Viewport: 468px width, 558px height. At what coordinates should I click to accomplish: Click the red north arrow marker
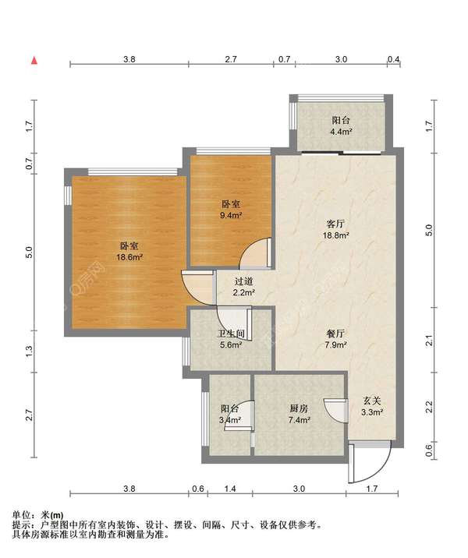[x=34, y=61]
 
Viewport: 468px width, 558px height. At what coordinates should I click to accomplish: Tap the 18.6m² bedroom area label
[x=129, y=251]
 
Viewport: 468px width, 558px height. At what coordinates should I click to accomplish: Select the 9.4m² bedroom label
[x=231, y=210]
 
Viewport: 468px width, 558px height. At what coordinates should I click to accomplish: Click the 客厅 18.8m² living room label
[x=335, y=230]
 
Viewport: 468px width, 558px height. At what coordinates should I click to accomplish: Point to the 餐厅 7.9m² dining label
[x=335, y=339]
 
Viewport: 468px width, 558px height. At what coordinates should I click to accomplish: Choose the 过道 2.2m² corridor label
[x=244, y=287]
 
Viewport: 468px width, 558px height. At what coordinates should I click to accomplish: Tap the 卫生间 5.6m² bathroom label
[x=231, y=339]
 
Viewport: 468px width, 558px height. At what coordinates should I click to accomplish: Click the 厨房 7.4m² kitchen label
[x=299, y=414]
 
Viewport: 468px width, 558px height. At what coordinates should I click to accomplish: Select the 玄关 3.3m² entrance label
[x=372, y=407]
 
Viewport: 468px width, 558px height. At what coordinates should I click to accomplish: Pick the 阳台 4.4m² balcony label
[x=341, y=125]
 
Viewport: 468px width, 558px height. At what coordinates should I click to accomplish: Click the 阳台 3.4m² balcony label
[x=230, y=414]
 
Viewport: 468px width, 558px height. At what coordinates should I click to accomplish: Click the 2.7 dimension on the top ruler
[x=231, y=59]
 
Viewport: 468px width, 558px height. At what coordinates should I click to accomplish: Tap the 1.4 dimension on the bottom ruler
[x=230, y=489]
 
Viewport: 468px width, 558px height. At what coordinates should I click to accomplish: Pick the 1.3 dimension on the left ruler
[x=29, y=351]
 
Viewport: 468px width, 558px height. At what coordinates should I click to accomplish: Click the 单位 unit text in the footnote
[x=21, y=515]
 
